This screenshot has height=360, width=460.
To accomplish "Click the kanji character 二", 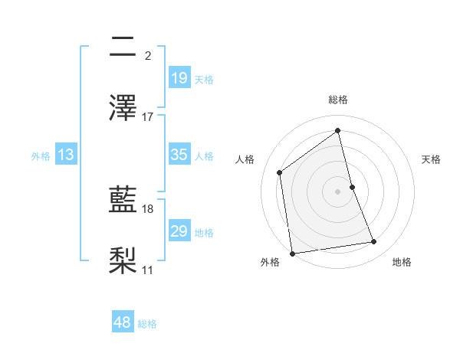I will point(123,48).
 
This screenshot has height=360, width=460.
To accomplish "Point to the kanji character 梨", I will point(123,260).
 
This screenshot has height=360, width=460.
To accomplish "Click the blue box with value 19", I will point(179,77).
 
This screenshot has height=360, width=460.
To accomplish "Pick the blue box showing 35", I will point(179,155).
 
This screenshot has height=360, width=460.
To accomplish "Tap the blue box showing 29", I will point(179,231).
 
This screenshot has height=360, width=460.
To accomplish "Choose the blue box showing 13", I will point(65,155).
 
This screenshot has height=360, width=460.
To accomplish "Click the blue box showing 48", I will point(123,322).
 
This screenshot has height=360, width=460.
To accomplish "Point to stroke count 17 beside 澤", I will point(148,117).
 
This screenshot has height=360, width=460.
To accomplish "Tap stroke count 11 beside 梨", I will point(148,270).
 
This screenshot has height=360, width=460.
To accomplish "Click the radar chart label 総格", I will point(338,100).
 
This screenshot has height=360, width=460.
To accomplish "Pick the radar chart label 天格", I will point(432,159).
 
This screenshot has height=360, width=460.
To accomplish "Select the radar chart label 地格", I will point(402,262).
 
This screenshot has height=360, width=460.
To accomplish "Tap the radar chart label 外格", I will point(270,262).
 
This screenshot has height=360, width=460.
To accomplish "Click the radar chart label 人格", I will point(245,159).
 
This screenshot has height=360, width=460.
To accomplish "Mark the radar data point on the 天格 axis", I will point(352,187).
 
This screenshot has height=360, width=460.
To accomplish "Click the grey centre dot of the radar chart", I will point(338,191).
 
